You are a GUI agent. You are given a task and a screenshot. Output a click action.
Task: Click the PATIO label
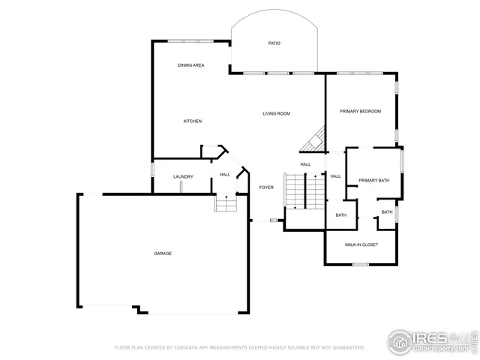pyautogui.click(x=274, y=43)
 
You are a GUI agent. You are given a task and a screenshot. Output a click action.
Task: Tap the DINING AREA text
pyautogui.click(x=190, y=65)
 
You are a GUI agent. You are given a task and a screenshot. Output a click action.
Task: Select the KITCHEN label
pyautogui.click(x=193, y=121)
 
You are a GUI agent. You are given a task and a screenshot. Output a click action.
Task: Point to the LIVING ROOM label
pyautogui.click(x=276, y=114)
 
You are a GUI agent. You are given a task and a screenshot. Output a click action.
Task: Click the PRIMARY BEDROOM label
pyautogui.click(x=360, y=111)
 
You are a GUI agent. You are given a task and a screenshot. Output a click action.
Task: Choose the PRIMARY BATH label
pyautogui.click(x=373, y=180)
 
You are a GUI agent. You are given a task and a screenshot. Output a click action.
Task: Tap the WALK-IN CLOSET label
pyautogui.click(x=361, y=244)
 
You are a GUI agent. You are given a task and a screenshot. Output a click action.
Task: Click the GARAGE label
pyautogui.click(x=163, y=253)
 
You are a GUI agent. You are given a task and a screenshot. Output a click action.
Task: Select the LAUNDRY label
pyautogui.click(x=183, y=177)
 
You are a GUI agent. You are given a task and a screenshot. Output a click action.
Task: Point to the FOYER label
pyautogui.click(x=266, y=187)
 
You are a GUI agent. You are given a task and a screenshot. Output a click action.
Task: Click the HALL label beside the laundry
pyautogui.click(x=224, y=175)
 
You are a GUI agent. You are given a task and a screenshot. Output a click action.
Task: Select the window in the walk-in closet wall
pyautogui.click(x=360, y=264)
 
